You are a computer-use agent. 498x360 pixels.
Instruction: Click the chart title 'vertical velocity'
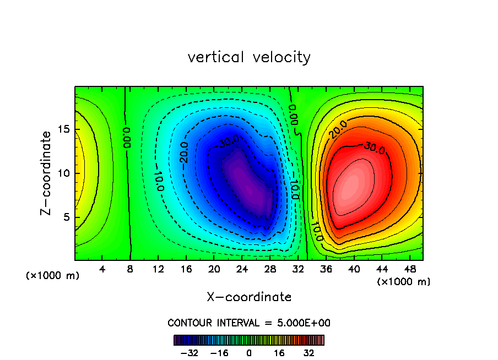[x=249, y=57]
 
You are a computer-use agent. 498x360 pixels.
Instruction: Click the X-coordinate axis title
[x=249, y=297]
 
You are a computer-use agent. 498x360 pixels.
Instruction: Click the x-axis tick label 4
[x=102, y=269]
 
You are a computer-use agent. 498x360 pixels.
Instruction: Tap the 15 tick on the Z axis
[x=64, y=130]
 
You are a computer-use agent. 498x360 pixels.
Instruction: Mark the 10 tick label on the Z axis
[x=64, y=173]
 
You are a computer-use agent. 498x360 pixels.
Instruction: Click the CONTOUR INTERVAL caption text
[x=249, y=323]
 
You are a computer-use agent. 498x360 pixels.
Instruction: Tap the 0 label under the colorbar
[x=249, y=353]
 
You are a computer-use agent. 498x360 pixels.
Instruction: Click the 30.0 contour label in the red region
[x=373, y=147]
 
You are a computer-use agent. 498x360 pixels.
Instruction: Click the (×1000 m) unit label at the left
[x=52, y=276]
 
